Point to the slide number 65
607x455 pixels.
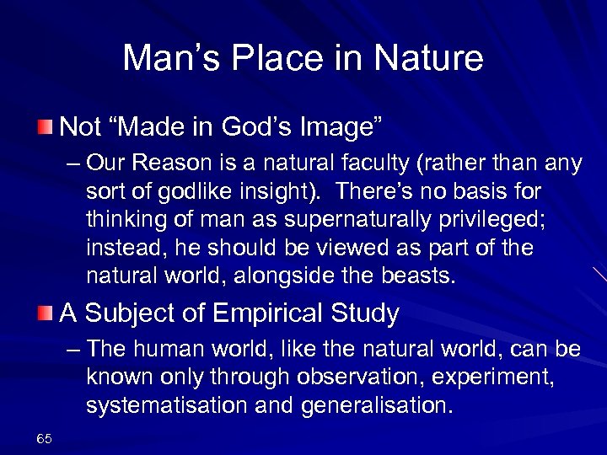click(45, 438)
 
